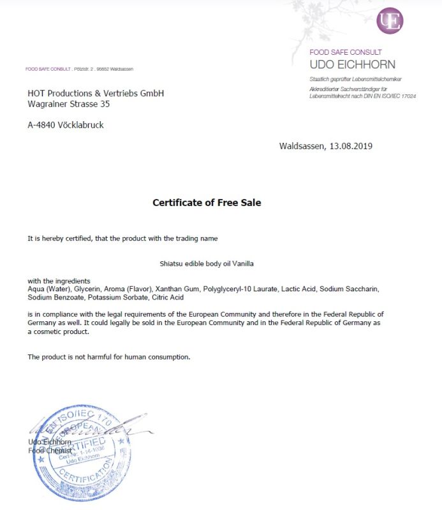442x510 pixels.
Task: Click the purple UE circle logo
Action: pyautogui.click(x=390, y=21)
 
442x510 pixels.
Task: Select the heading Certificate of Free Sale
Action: pyautogui.click(x=207, y=203)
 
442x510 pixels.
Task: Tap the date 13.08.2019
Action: pyautogui.click(x=351, y=146)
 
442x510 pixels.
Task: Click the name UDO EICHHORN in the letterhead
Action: pyautogui.click(x=352, y=64)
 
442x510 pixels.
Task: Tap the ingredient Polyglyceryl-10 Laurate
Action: pyautogui.click(x=240, y=289)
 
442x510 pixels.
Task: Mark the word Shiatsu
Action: pyautogui.click(x=172, y=263)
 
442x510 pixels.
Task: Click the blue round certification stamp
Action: pyautogui.click(x=77, y=453)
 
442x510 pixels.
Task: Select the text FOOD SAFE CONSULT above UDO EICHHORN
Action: pyautogui.click(x=345, y=52)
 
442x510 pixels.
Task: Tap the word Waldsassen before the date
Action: pyautogui.click(x=301, y=146)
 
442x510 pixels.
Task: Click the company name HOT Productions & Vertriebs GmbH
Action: pyautogui.click(x=96, y=93)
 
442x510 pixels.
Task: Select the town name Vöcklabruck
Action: pyautogui.click(x=81, y=125)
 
